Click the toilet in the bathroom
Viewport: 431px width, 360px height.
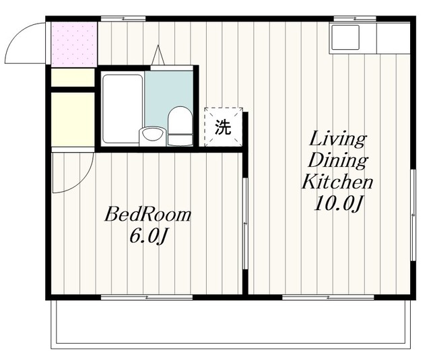180,126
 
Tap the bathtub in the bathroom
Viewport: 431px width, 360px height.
123,108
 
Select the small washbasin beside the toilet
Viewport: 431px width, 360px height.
153,136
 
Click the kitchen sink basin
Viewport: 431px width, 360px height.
345,37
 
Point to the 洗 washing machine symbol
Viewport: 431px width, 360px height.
223,127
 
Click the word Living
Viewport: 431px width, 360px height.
337,140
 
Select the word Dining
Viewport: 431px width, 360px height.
338,161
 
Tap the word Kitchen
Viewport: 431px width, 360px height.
337,182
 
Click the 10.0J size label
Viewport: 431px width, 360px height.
337,204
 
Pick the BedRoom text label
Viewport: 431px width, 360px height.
147,214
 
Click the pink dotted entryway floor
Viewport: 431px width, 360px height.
74,44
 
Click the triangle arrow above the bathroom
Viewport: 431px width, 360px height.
158,55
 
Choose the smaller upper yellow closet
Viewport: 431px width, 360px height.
73,77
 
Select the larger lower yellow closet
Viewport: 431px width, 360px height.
73,120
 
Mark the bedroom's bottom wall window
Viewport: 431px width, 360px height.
147,297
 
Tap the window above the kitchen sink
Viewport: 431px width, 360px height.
355,19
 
